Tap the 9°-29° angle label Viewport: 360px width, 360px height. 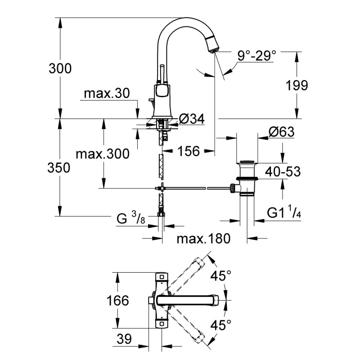(x=257, y=56)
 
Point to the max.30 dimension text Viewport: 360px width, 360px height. (x=107, y=93)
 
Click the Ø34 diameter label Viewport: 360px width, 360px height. (x=192, y=119)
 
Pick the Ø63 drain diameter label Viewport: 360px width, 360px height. (x=281, y=132)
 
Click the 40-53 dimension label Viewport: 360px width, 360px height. (x=282, y=171)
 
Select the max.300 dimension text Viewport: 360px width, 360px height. (x=102, y=154)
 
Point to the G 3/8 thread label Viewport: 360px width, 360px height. (x=130, y=219)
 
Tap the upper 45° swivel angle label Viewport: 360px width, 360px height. (x=222, y=275)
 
